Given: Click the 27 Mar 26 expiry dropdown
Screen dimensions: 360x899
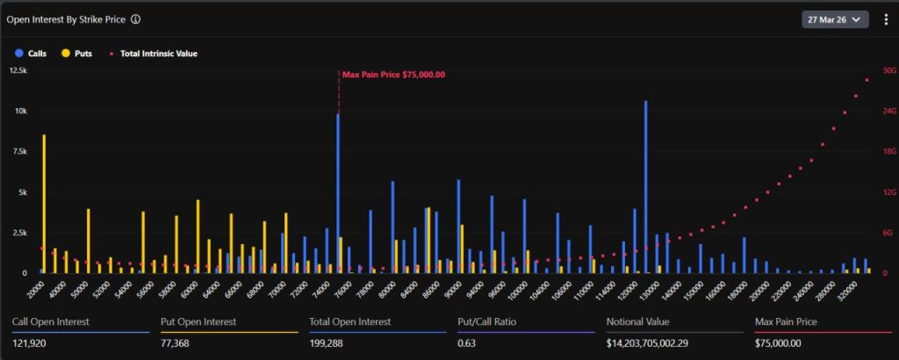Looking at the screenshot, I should click(x=835, y=18).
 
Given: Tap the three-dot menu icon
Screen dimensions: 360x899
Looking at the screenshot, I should click(x=885, y=18).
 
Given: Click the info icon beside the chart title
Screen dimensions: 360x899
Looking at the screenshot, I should click(x=136, y=18).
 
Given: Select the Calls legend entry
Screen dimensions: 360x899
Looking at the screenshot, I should click(x=32, y=54).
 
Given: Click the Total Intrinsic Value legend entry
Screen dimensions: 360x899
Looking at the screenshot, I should click(x=153, y=54).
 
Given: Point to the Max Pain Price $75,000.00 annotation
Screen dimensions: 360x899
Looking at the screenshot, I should click(x=393, y=75).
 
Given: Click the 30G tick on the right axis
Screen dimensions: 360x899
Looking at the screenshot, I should click(x=888, y=70).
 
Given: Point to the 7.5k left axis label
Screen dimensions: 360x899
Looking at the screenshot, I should click(x=18, y=151).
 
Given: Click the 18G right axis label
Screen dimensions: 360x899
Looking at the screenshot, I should click(x=888, y=151).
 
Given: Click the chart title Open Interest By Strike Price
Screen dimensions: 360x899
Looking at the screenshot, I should click(x=67, y=18).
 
